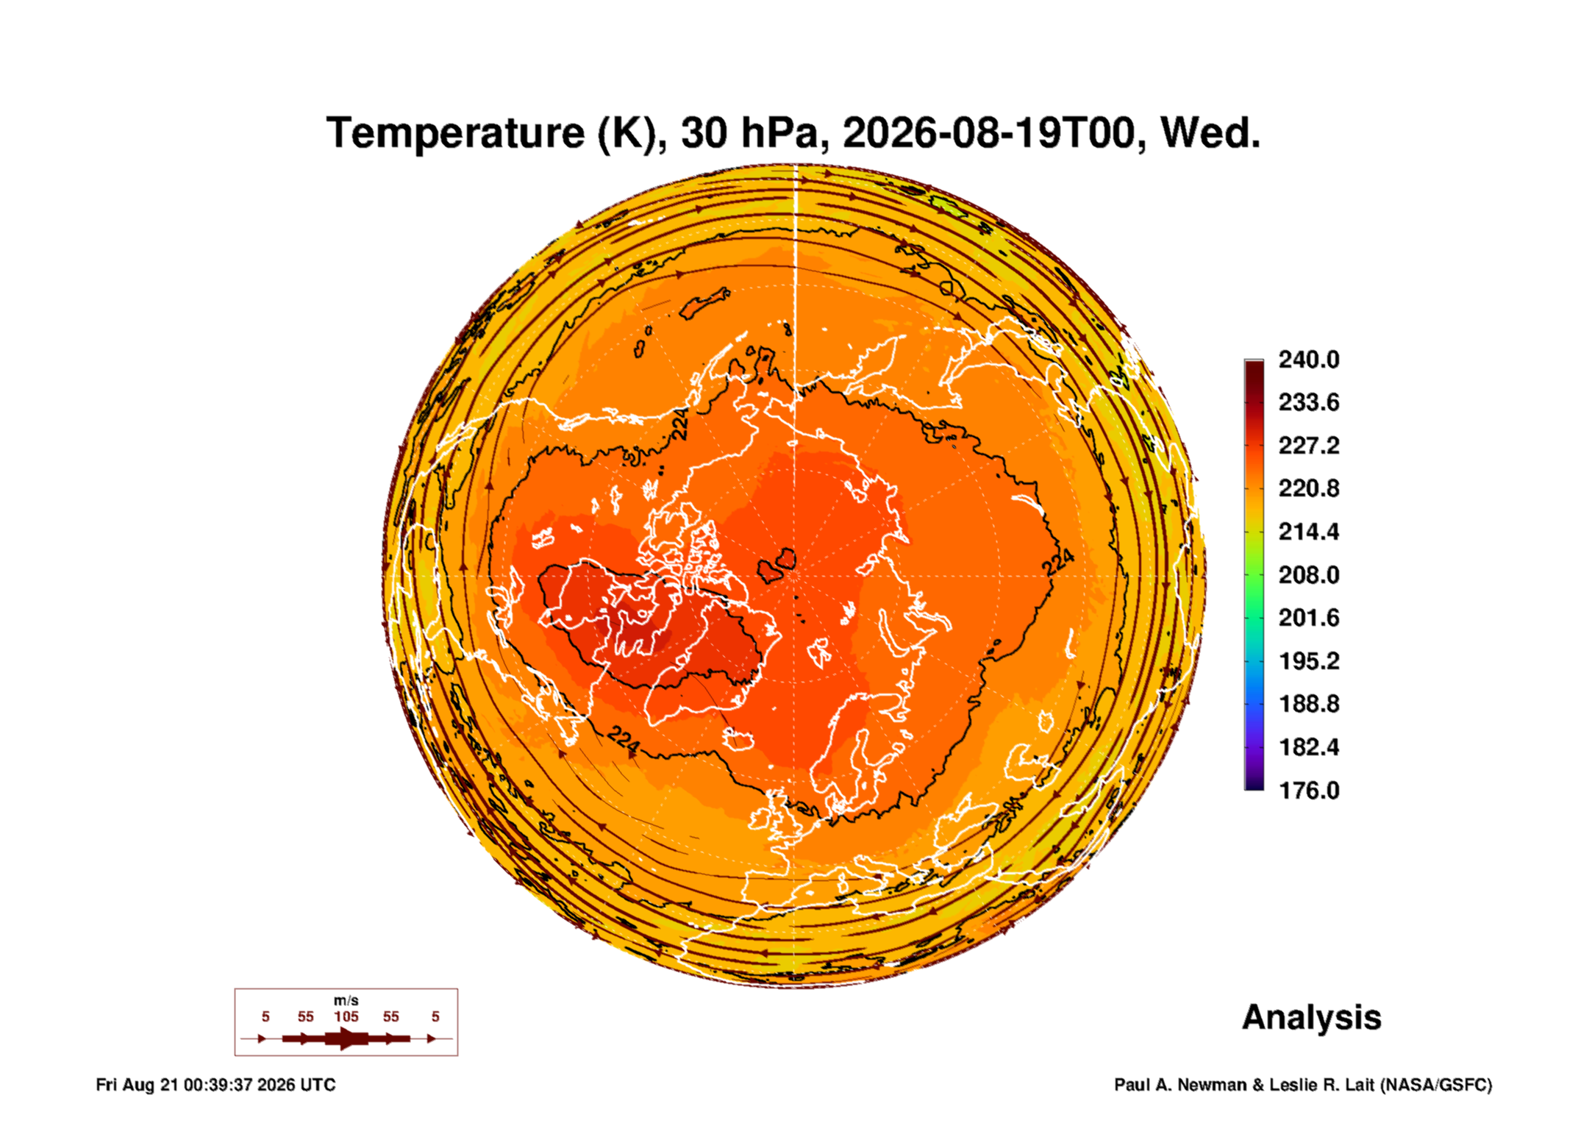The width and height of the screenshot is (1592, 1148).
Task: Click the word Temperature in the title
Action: (455, 133)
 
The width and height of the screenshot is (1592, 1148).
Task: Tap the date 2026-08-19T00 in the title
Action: (988, 133)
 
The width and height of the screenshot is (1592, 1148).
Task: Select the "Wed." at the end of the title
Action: (1210, 133)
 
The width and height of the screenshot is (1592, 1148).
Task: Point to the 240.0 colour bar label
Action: (1308, 360)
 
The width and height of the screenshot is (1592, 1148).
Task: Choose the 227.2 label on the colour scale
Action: (1308, 446)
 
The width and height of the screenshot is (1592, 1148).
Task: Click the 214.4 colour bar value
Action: (1308, 532)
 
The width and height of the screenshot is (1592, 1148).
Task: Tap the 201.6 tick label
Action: (1308, 618)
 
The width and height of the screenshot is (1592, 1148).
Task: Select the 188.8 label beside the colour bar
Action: (1308, 704)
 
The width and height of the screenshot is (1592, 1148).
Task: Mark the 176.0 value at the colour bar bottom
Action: (1308, 791)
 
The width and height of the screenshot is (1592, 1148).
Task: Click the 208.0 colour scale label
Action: (1308, 575)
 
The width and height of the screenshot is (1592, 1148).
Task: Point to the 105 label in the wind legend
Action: (346, 1016)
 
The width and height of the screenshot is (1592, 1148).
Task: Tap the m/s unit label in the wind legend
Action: (346, 1000)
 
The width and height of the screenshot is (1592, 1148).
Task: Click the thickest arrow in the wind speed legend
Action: (347, 1038)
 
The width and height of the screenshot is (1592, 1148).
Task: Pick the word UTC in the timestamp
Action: (318, 1085)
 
